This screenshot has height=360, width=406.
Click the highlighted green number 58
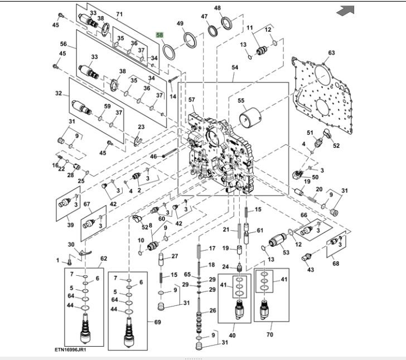click(x=160, y=35)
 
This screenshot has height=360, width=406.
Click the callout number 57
click(x=192, y=100)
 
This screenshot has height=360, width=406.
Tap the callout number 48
click(x=217, y=8)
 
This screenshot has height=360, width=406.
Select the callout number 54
click(x=235, y=67)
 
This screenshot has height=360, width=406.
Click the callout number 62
click(x=104, y=259)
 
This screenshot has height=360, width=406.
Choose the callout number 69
click(x=157, y=323)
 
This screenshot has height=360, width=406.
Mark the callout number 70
click(x=270, y=335)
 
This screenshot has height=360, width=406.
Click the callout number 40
click(x=232, y=335)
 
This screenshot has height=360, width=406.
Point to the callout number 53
click(x=286, y=252)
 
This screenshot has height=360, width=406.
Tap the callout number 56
click(x=64, y=44)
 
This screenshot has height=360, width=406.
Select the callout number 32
click(x=59, y=94)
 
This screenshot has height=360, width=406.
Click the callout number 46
click(x=153, y=157)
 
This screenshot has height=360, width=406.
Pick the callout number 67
click(x=87, y=205)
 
